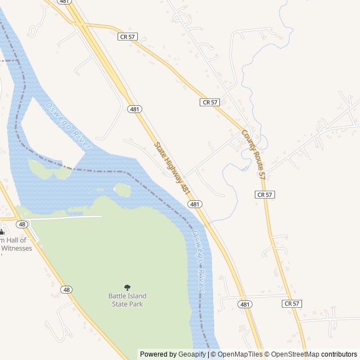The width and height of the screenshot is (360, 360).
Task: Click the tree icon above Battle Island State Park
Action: [127, 287]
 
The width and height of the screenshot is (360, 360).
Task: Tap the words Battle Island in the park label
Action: [127, 296]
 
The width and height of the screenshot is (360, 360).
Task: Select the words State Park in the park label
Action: [127, 304]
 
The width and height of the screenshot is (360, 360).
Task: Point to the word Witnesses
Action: [16, 247]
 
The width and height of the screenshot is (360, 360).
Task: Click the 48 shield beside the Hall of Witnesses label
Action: [21, 224]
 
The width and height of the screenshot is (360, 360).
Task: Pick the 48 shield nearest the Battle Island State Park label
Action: [67, 290]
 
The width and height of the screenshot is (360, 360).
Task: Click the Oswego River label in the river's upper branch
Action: [69, 125]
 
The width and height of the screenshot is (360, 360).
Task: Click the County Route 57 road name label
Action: [253, 155]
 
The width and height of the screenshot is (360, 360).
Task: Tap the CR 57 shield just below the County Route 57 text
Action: [264, 194]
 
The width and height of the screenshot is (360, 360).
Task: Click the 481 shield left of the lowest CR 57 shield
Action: [245, 304]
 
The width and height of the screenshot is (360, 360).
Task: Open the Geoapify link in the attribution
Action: [192, 354]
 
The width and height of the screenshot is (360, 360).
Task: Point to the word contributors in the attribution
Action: [339, 354]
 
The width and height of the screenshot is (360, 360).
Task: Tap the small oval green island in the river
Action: [122, 190]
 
